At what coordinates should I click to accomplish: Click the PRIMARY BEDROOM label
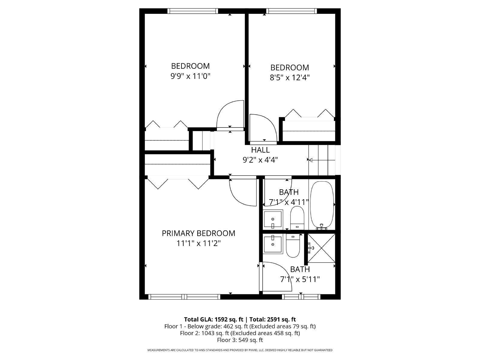point(198,233)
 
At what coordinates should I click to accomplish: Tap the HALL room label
point(260,150)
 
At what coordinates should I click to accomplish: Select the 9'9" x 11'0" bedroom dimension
point(190,76)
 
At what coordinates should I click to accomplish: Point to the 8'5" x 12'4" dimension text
point(289,78)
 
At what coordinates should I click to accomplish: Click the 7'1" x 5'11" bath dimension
point(300,279)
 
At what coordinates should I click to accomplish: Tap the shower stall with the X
point(321,248)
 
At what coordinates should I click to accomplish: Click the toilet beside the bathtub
point(297,217)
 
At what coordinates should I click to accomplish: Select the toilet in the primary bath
point(293,246)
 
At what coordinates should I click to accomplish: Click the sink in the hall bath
point(273,219)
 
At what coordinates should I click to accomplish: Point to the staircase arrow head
point(310,160)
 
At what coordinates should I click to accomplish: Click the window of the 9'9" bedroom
point(193,11)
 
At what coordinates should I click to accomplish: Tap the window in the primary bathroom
point(301,297)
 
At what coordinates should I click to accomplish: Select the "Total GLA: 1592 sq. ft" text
point(213,319)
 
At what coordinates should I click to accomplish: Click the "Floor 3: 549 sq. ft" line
point(240,340)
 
